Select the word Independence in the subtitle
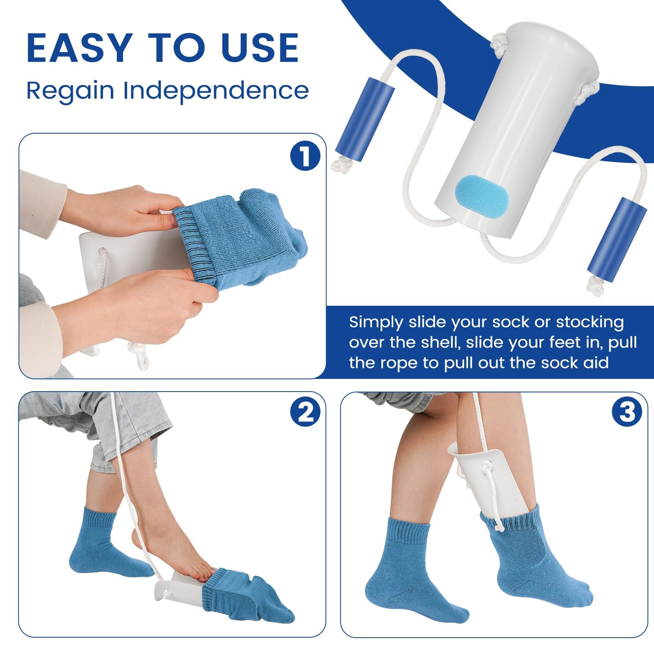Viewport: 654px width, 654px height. pos(216,91)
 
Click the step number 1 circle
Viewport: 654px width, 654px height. pos(305,157)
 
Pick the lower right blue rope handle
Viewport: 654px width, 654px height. pos(617,237)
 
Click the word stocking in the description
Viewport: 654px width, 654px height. pos(589,323)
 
